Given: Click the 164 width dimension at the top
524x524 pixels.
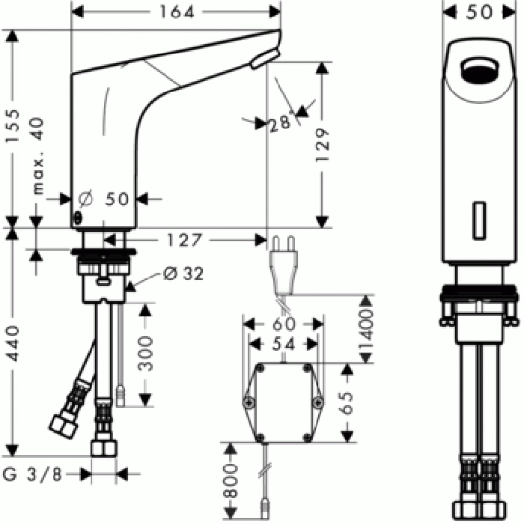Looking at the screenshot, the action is [x=177, y=13].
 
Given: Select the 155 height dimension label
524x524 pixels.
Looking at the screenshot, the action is [x=13, y=126].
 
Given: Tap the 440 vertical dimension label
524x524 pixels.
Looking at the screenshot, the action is [x=13, y=344].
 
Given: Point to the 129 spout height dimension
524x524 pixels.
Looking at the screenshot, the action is [x=323, y=144].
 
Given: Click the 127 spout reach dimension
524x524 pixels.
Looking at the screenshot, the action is [x=184, y=240].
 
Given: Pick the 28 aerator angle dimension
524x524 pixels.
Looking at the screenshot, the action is [x=280, y=123].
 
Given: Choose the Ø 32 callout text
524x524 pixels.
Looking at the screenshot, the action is [x=183, y=274].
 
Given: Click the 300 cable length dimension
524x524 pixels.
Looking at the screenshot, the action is [x=145, y=354].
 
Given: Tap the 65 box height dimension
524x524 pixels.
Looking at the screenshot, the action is [x=347, y=403].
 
